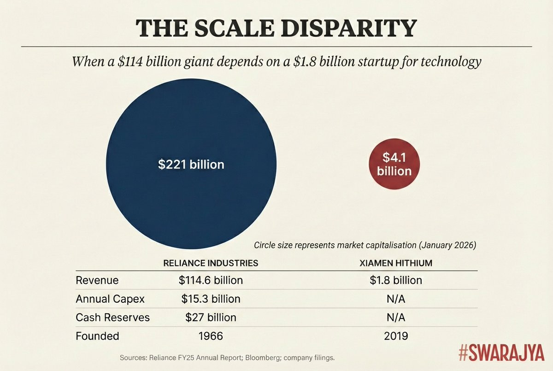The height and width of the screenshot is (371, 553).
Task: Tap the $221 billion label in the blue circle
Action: tap(191, 164)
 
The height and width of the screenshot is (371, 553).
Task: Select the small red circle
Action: tap(394, 164)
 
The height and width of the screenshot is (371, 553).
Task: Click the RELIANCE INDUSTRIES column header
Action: tap(211, 263)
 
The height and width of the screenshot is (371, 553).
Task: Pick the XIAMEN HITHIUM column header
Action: tap(396, 263)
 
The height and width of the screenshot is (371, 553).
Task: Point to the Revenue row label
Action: tap(97, 280)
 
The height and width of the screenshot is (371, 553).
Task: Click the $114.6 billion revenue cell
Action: tap(211, 280)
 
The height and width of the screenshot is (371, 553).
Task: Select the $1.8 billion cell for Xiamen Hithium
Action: tap(396, 280)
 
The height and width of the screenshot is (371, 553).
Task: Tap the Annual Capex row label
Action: tap(110, 299)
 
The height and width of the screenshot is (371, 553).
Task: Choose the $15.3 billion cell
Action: tap(211, 299)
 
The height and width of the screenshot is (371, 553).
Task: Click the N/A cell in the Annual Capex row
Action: tap(396, 299)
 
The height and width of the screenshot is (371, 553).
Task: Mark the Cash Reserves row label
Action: tap(112, 318)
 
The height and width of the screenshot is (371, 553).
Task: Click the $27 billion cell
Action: tap(211, 318)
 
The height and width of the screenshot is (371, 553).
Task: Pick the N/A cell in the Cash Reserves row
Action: tap(396, 318)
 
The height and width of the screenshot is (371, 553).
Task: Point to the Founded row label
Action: tap(97, 336)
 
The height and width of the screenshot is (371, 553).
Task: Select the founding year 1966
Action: tap(211, 336)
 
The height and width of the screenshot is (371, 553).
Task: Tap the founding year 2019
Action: tap(396, 336)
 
